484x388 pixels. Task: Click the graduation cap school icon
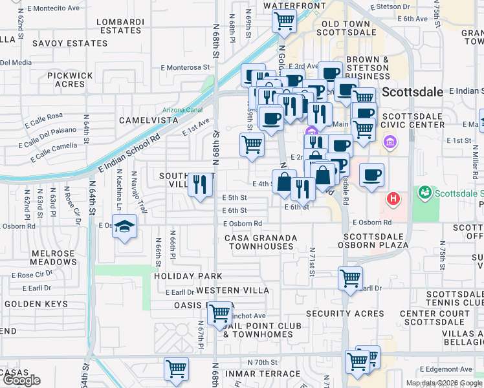126,227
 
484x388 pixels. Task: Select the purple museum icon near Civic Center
390,142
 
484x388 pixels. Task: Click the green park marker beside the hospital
425,192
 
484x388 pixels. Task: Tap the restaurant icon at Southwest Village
200,184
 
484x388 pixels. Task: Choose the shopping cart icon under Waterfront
284,21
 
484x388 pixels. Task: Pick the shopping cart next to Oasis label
221,314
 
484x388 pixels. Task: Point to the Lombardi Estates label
120,26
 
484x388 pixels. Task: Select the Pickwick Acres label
71,80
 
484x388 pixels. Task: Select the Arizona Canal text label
182,110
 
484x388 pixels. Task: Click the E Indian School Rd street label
129,153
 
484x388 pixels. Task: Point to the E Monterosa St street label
186,67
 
